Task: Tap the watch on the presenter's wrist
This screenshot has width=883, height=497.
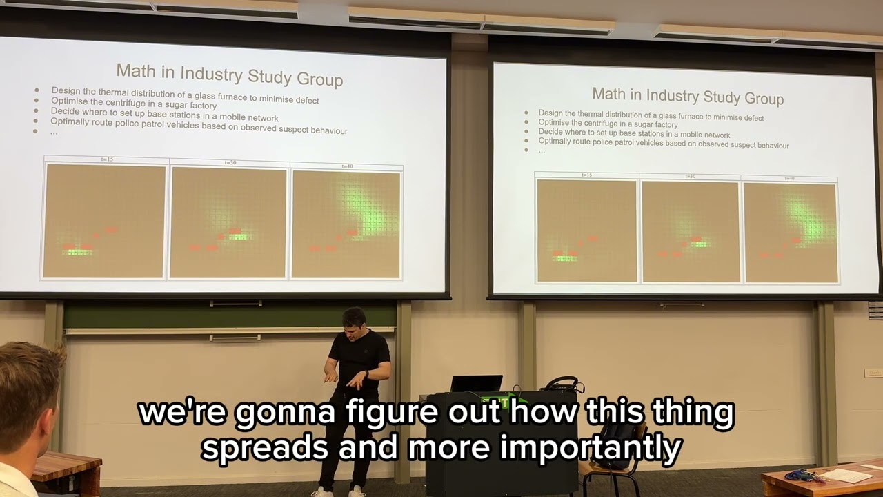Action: pyautogui.click(x=366, y=375)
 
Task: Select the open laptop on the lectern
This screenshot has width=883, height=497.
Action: pyautogui.click(x=476, y=384)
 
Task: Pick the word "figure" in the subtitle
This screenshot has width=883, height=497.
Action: pyautogui.click(x=391, y=413)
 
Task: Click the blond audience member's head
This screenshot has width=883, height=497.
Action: pyautogui.click(x=28, y=387)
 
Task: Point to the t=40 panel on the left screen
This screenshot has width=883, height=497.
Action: pyautogui.click(x=346, y=224)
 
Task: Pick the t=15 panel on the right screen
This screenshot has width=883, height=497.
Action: pyautogui.click(x=586, y=231)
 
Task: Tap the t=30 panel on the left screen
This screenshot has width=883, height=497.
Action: pyautogui.click(x=228, y=223)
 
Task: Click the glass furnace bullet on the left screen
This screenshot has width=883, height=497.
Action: pyautogui.click(x=185, y=95)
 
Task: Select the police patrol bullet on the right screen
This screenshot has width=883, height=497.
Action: pyautogui.click(x=663, y=144)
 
